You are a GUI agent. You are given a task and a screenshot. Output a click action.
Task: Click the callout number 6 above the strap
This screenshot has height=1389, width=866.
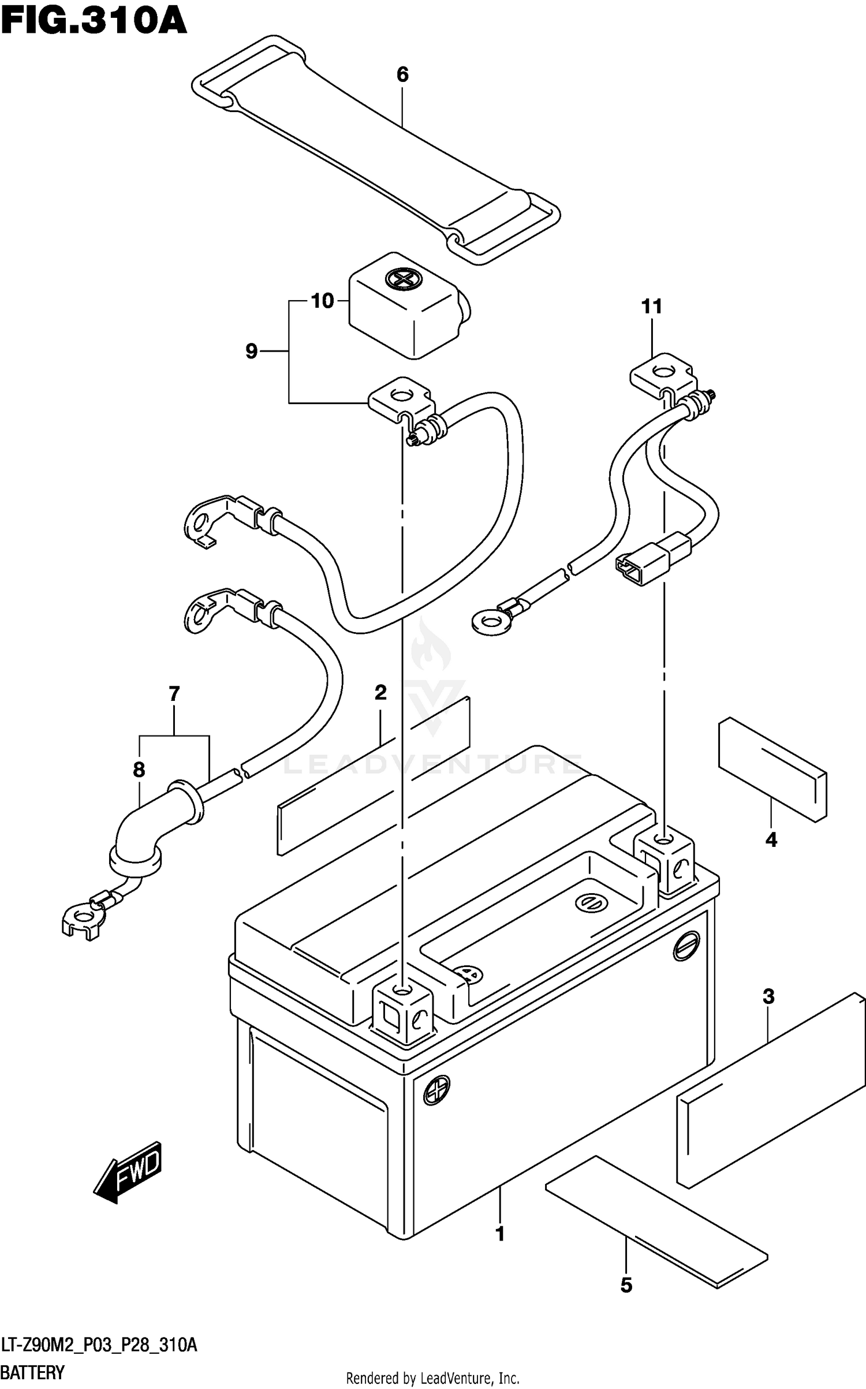point(402,74)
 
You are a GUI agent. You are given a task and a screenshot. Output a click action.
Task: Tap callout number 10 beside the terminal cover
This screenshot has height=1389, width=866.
point(323,301)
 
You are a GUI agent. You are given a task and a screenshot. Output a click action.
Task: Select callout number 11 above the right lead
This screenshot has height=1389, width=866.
point(652,307)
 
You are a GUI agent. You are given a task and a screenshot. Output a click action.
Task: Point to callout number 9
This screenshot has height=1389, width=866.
point(251,351)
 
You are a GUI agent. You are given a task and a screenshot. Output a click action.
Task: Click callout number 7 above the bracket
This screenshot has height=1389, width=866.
point(174,693)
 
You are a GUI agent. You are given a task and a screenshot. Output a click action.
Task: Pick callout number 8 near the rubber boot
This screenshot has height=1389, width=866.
point(139,770)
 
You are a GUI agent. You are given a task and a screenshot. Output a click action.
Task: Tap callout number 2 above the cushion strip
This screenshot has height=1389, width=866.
point(380,692)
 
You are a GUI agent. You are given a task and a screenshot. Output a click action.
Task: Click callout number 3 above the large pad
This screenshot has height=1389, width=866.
point(768,997)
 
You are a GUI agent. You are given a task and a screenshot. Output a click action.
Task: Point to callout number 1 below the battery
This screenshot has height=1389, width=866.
point(500,1234)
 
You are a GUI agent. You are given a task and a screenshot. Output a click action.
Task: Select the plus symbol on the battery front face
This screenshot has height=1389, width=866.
point(436,1091)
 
